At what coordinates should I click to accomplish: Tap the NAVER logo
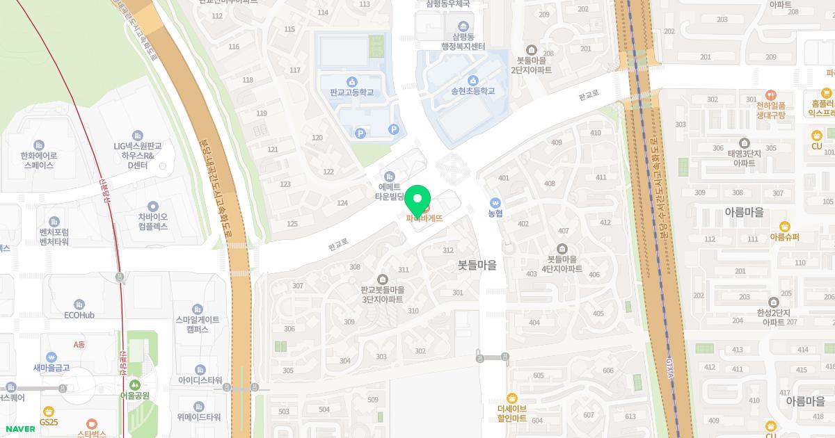pyautogui.click(x=20, y=429)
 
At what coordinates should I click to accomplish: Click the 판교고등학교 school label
pyautogui.click(x=352, y=92)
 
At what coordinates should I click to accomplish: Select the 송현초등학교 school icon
pyautogui.click(x=473, y=80)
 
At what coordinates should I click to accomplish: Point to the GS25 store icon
pyautogui.click(x=48, y=411)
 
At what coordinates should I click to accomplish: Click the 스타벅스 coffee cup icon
pyautogui.click(x=91, y=423)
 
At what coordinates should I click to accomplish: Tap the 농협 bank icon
pyautogui.click(x=495, y=202)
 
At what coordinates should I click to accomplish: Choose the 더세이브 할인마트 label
pyautogui.click(x=512, y=414)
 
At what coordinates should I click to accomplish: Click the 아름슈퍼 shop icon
pyautogui.click(x=784, y=237)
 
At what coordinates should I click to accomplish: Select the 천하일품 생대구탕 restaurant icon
pyautogui.click(x=770, y=94)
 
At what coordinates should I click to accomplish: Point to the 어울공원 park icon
pyautogui.click(x=134, y=384)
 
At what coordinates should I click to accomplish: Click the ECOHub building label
pyautogui.click(x=79, y=315)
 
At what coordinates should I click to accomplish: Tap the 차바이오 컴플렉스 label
pyautogui.click(x=152, y=221)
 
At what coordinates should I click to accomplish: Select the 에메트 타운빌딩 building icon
pyautogui.click(x=389, y=175)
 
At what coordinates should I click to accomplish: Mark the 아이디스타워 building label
pyautogui.click(x=200, y=380)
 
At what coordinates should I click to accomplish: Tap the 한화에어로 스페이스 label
pyautogui.click(x=39, y=161)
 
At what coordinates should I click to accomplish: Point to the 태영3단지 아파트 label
pyautogui.click(x=744, y=159)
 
